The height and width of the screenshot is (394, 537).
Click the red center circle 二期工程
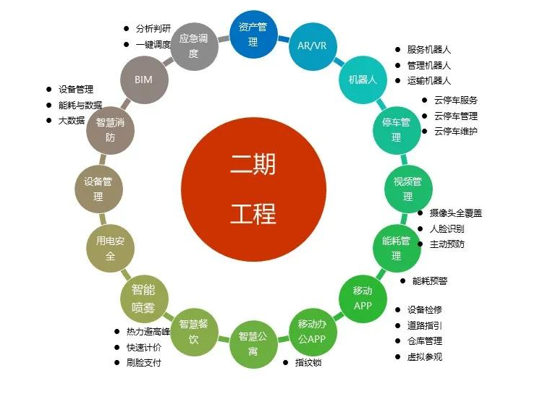[x=253, y=189]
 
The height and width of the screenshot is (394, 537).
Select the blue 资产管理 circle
[x=253, y=34]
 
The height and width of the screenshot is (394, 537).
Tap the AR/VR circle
[x=313, y=46]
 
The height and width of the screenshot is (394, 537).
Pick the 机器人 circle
[x=363, y=80]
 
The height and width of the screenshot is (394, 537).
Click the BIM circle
[x=144, y=80]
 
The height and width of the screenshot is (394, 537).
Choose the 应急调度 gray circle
[x=194, y=46]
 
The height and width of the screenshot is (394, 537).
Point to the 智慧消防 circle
[x=110, y=130]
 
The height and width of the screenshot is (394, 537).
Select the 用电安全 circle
[x=110, y=249]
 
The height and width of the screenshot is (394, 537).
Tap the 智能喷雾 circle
[x=144, y=299]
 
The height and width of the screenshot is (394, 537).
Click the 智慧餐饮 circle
[x=194, y=332]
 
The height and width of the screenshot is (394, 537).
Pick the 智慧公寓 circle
[x=253, y=344]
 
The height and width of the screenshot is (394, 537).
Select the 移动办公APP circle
[x=313, y=332]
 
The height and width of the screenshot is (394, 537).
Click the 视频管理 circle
[x=408, y=189]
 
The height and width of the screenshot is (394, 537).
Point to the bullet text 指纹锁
[x=308, y=362]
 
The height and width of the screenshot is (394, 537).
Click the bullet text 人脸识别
[x=447, y=228]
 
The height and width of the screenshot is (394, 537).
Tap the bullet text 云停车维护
[x=456, y=131]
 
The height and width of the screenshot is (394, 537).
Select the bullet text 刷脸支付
[x=144, y=362]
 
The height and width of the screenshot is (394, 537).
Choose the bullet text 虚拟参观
[x=425, y=356]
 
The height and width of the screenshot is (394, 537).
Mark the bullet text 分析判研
[x=153, y=28]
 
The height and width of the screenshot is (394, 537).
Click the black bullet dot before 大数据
[x=49, y=121]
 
